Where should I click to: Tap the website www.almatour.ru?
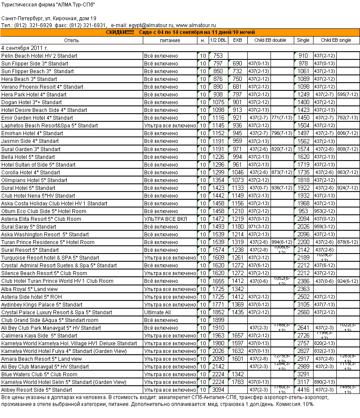[196, 26]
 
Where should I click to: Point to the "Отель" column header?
[71, 40]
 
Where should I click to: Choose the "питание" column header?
[170, 40]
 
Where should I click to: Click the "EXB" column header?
[237, 40]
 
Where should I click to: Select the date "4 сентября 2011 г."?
[25, 48]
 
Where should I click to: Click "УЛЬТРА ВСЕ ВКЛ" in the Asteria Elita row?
[164, 219]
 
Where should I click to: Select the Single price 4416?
[303, 390]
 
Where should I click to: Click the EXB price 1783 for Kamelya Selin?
[237, 382]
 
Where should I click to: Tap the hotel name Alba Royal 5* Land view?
[30, 289]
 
